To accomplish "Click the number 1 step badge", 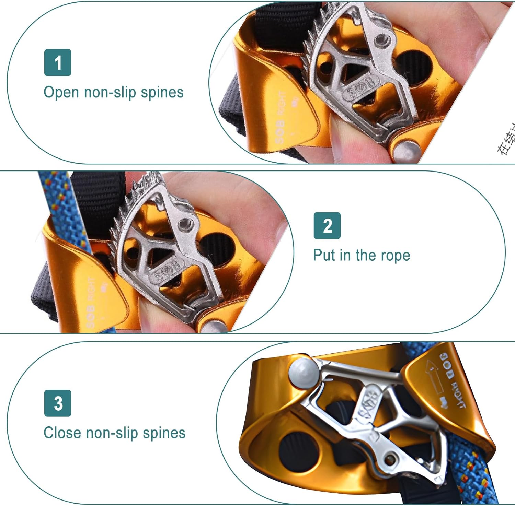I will [x=58, y=62].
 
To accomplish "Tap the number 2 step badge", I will [x=327, y=226].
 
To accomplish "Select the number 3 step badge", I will [x=58, y=403].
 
